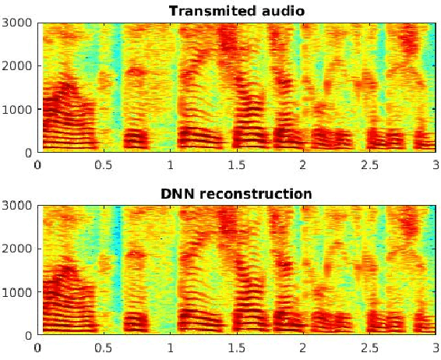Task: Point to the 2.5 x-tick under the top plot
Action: pyautogui.click(x=369, y=164)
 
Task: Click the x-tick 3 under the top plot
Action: pyautogui.click(x=435, y=164)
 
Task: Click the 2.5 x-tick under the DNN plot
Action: pyautogui.click(x=369, y=347)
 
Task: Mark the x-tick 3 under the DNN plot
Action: pyautogui.click(x=435, y=347)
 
